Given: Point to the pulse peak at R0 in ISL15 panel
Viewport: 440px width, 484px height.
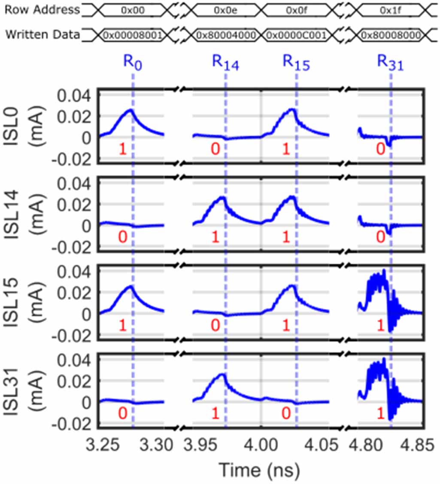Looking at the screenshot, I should tap(130, 286).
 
